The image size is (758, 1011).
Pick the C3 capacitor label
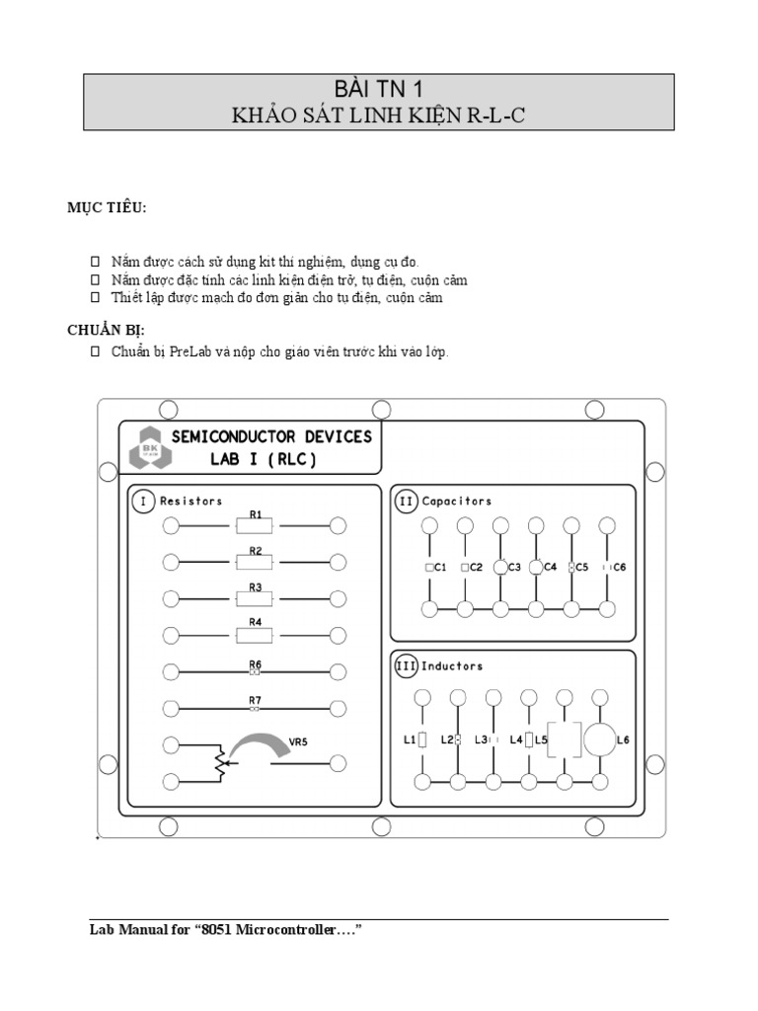pos(514,568)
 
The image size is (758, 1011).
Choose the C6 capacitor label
pos(620,568)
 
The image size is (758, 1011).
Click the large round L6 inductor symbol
pos(599,738)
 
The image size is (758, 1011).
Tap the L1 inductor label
pos(409,739)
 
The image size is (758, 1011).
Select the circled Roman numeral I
pos(144,502)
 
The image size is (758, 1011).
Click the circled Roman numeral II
pos(407,502)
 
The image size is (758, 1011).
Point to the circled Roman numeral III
pos(407,666)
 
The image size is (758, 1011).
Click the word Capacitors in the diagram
pos(457,502)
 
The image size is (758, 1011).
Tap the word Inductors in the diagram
pos(452,666)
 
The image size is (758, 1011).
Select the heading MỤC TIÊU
pos(106,207)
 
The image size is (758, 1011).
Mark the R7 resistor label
pos(255,700)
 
